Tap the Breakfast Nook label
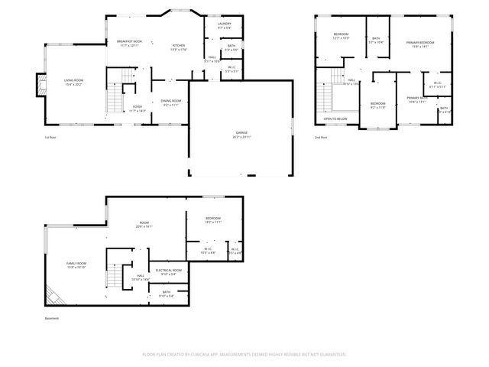click(x=129, y=44)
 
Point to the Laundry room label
click(x=224, y=26)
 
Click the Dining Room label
click(x=170, y=102)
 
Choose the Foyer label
click(x=138, y=109)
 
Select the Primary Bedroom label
click(x=416, y=44)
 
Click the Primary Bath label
click(x=417, y=99)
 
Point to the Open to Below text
click(x=335, y=119)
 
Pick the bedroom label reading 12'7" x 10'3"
click(x=341, y=36)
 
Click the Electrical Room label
click(x=169, y=271)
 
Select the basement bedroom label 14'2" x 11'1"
click(x=213, y=220)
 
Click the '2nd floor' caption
click(x=321, y=138)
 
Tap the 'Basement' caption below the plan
click(x=51, y=318)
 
